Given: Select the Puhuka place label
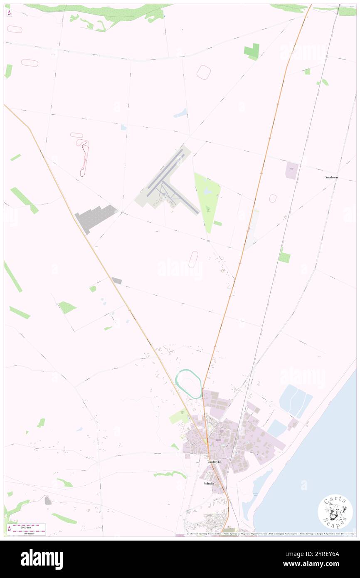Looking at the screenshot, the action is click(x=208, y=484).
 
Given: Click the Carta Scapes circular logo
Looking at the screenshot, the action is click(x=335, y=511).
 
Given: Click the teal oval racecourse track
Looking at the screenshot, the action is click(x=189, y=383).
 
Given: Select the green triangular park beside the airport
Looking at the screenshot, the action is click(x=207, y=200).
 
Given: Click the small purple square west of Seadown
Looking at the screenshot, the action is click(x=291, y=170).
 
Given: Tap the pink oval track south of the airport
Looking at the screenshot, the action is click(x=193, y=259).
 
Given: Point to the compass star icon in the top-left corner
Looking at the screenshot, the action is click(x=10, y=13).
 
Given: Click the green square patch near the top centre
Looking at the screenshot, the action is click(x=252, y=52).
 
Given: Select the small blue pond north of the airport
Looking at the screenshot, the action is click(x=181, y=113).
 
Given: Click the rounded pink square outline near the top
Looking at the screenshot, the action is click(x=204, y=72).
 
